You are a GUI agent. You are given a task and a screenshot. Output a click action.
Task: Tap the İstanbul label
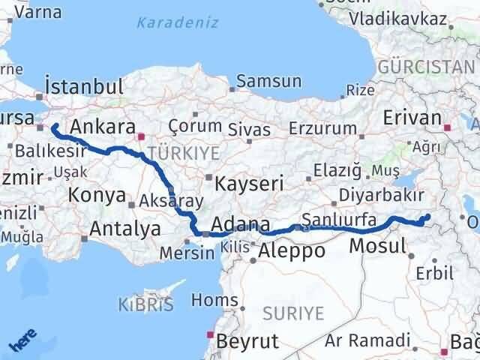tap(83, 85)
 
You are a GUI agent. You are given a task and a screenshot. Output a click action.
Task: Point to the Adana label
tap(241, 224)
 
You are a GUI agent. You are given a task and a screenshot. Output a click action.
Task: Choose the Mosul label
tap(378, 245)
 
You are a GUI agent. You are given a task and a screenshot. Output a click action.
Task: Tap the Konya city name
tap(97, 196)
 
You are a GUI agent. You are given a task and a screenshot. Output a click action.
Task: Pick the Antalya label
tap(124, 229)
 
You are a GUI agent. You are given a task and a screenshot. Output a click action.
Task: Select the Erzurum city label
tap(323, 129)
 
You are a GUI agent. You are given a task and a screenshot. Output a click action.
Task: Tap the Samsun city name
tap(268, 82)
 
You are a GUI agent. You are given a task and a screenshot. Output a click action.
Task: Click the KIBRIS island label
tap(145, 304)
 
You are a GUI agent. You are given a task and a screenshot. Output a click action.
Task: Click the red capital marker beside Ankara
tap(142, 137)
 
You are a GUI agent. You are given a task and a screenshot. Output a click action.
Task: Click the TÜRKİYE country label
tap(184, 153)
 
